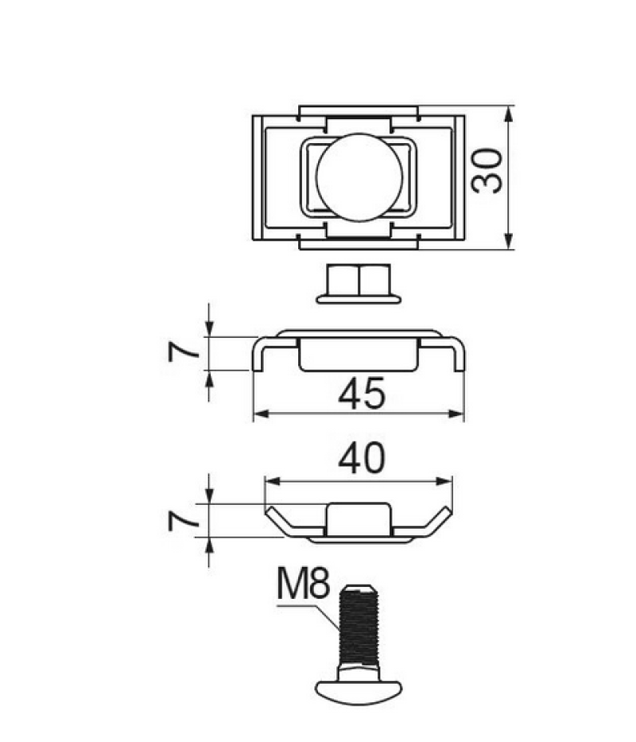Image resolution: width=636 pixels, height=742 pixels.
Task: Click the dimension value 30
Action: pos(487,171)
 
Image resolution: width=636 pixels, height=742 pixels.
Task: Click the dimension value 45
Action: pos(362,393)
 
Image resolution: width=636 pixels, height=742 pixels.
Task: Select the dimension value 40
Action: pos(362,459)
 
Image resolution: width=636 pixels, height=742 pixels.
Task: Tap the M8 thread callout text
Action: pos(302,584)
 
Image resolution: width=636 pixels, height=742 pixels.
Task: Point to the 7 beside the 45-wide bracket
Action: pos(184,352)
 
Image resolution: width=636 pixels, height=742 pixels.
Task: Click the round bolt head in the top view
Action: pos(359,177)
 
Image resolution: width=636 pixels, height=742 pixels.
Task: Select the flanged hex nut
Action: pos(359,284)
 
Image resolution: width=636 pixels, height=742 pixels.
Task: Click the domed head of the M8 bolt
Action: pos(359,693)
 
